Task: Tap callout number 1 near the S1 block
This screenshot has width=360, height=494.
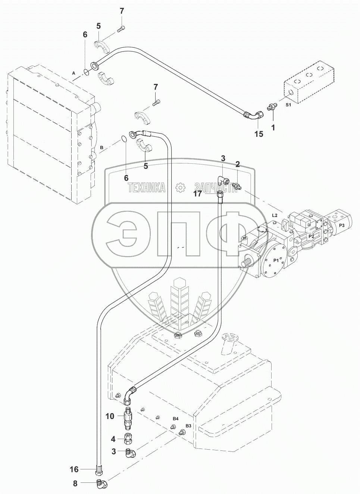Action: pos(273,128)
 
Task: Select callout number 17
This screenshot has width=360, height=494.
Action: pos(198,193)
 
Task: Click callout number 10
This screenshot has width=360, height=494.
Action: pos(110,416)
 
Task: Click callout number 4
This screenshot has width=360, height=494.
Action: pos(112,439)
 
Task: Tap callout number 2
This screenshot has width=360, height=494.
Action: pos(237,164)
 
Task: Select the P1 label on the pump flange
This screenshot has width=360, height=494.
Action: pos(276,261)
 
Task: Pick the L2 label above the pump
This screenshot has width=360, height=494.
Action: pos(275,215)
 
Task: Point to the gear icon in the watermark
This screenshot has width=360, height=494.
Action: pos(180,188)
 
